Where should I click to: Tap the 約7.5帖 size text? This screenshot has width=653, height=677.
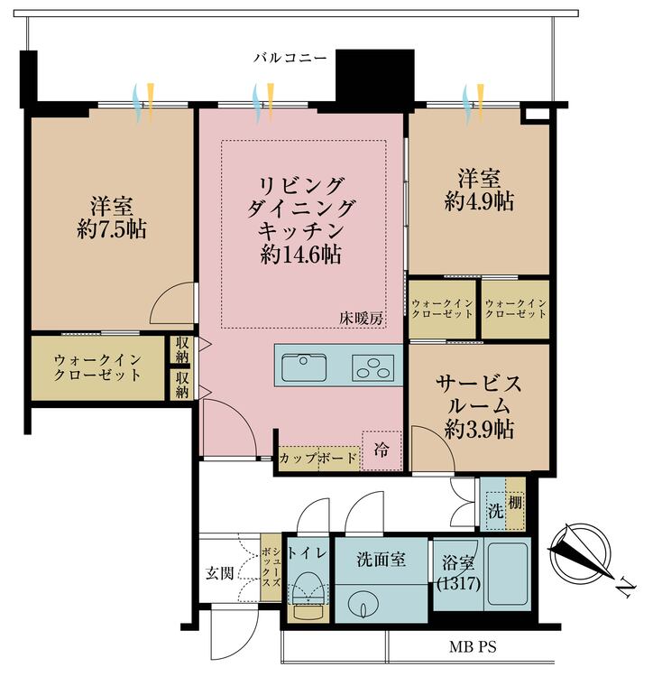point(112,228)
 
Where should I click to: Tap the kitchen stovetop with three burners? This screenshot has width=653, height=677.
point(372,367)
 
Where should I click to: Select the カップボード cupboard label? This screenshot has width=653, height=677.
point(317,458)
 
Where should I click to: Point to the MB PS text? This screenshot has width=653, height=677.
point(473,647)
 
